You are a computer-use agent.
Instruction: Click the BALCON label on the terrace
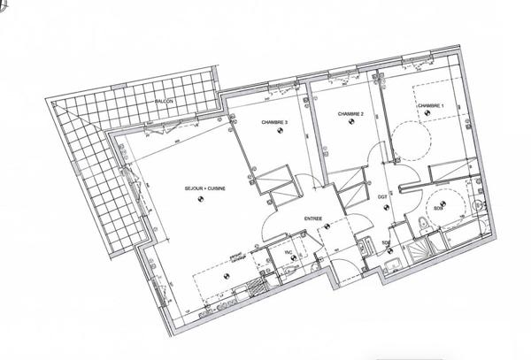pos(163,103)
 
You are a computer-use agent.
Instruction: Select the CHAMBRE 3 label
pos(274,120)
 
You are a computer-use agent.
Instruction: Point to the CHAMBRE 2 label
pos(352,113)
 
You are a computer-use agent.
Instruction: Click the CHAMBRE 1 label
pos(430,106)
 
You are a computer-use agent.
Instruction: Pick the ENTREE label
pos(313,218)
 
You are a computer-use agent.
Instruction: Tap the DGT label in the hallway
pos(383,196)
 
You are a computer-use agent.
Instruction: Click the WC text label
pos(288,253)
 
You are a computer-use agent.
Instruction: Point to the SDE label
pos(386,241)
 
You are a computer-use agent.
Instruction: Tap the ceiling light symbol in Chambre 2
pos(353,124)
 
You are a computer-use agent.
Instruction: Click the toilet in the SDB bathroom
pos(479,206)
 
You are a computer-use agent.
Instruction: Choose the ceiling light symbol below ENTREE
pos(327,227)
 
